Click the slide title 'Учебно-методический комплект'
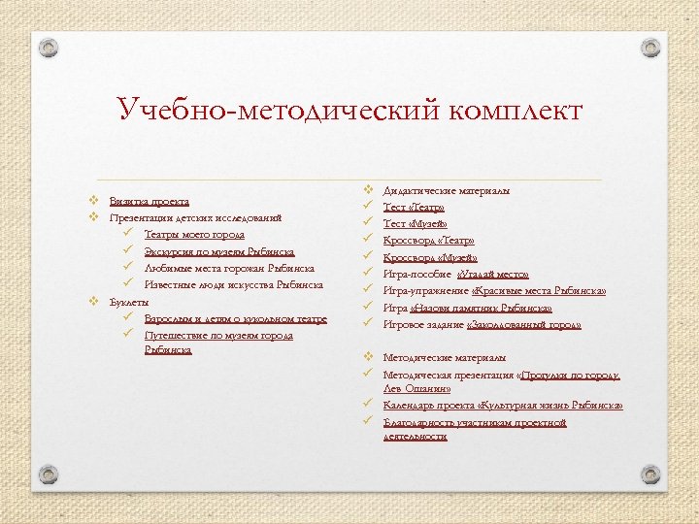pyautogui.click(x=349, y=109)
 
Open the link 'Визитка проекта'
pyautogui.click(x=149, y=201)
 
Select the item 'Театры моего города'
pyautogui.click(x=194, y=235)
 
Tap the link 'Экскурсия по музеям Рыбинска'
pyautogui.click(x=218, y=251)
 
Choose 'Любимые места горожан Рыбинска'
pyautogui.click(x=228, y=268)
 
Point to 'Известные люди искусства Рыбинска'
pyautogui.click(x=233, y=285)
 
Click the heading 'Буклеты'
pyautogui.click(x=129, y=302)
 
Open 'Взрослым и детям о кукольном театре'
pyautogui.click(x=235, y=318)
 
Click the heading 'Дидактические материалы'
pyautogui.click(x=446, y=190)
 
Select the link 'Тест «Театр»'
pyautogui.click(x=414, y=207)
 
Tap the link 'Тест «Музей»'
pyautogui.click(x=415, y=223)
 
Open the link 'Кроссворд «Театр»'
pyautogui.click(x=428, y=240)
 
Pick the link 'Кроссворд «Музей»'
pyautogui.click(x=430, y=257)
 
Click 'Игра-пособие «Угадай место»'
pyautogui.click(x=455, y=274)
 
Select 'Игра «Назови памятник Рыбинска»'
pyautogui.click(x=468, y=308)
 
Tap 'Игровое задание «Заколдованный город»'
pyautogui.click(x=483, y=324)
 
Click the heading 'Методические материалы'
pyautogui.click(x=444, y=357)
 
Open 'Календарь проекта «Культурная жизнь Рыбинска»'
pyautogui.click(x=503, y=405)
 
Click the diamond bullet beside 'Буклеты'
pyautogui.click(x=93, y=301)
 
